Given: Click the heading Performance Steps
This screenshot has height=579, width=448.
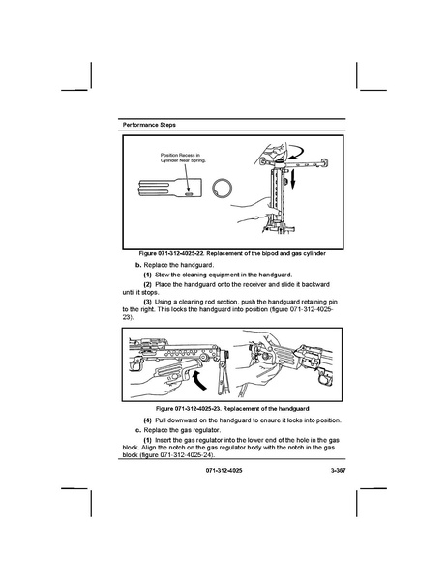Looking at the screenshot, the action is pos(149,125).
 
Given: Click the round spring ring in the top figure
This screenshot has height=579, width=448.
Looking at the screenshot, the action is pos(223,188).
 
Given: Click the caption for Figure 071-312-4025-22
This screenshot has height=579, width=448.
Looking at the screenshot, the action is pos(232,253).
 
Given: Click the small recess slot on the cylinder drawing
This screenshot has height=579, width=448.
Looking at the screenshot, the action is pos(189,193).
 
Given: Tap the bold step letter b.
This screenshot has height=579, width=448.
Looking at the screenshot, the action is pos(138,265).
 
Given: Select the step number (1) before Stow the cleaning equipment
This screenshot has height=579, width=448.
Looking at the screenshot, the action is pos(147,275).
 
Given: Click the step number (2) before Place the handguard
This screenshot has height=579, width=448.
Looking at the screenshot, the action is pos(147,285).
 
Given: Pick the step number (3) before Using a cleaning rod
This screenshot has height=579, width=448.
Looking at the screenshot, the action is pos(147,302).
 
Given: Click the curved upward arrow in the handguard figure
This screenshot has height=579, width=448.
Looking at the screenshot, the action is pos(198,380).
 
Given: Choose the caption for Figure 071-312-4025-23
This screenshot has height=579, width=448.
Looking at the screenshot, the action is pos(232,409).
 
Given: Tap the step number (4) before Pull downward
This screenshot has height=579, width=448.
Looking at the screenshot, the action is pos(147,420).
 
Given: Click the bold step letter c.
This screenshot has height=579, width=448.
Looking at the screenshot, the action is pos(138,430).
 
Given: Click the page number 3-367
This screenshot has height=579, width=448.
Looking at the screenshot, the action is pos(338,471).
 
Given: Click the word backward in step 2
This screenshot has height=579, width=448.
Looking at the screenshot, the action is pos(316,285).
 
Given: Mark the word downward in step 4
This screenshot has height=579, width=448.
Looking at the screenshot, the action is pos(182,420).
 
